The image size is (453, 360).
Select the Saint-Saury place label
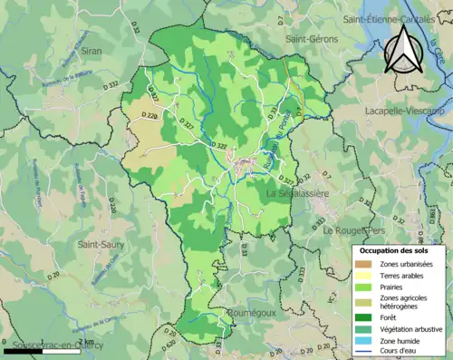pos(101,244)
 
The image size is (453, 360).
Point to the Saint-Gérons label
pos(312,39)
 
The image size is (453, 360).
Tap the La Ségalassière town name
pos(304,195)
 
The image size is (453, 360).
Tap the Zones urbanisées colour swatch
pos(367,263)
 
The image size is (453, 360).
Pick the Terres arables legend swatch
pos(367,276)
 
